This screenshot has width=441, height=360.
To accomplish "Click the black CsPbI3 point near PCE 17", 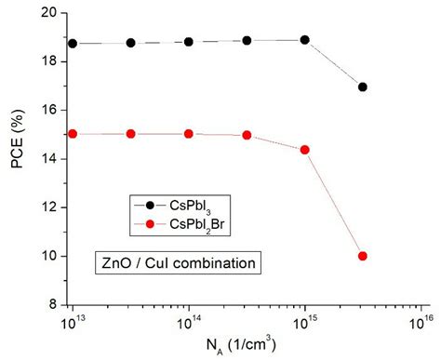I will click(x=362, y=87).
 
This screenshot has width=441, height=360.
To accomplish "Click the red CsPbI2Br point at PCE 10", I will click(x=362, y=256).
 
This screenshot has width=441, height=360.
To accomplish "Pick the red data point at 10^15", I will click(x=304, y=150).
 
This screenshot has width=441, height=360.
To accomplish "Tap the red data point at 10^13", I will click(x=73, y=134).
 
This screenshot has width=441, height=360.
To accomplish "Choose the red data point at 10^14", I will click(x=189, y=134).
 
